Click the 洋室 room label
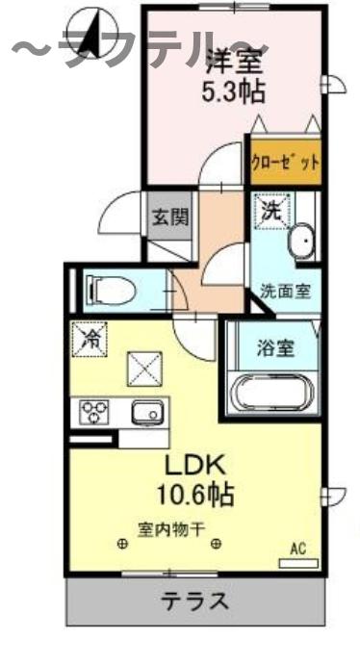click(233, 59)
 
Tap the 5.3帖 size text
click(233, 94)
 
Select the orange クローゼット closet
click(285, 162)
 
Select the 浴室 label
click(273, 348)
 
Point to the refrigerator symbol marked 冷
click(90, 339)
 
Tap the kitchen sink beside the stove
click(148, 411)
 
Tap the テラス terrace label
click(194, 602)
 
